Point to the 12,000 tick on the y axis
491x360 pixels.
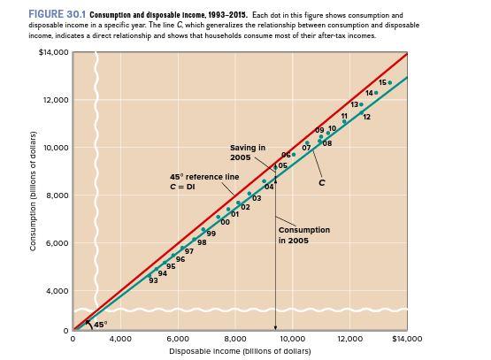coord(55,100)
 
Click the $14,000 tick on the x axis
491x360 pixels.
coord(406,339)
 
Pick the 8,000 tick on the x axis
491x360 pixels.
coord(234,339)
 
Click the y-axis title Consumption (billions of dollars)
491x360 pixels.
coord(34,190)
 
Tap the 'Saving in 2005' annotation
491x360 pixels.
coord(247,152)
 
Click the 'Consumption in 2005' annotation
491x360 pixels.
coord(303,234)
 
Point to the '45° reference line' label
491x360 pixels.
coord(203,181)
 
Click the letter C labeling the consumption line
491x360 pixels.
coord(322,183)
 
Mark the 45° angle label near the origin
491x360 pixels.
coord(100,325)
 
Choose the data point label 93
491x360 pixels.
coord(153,280)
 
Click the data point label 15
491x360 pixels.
coord(382,82)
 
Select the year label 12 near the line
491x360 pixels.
coord(366,117)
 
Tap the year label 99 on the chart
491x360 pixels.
coord(211,234)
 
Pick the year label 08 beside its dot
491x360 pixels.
coord(327,143)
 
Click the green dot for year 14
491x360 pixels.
coord(376,93)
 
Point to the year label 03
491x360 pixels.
coord(257,198)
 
